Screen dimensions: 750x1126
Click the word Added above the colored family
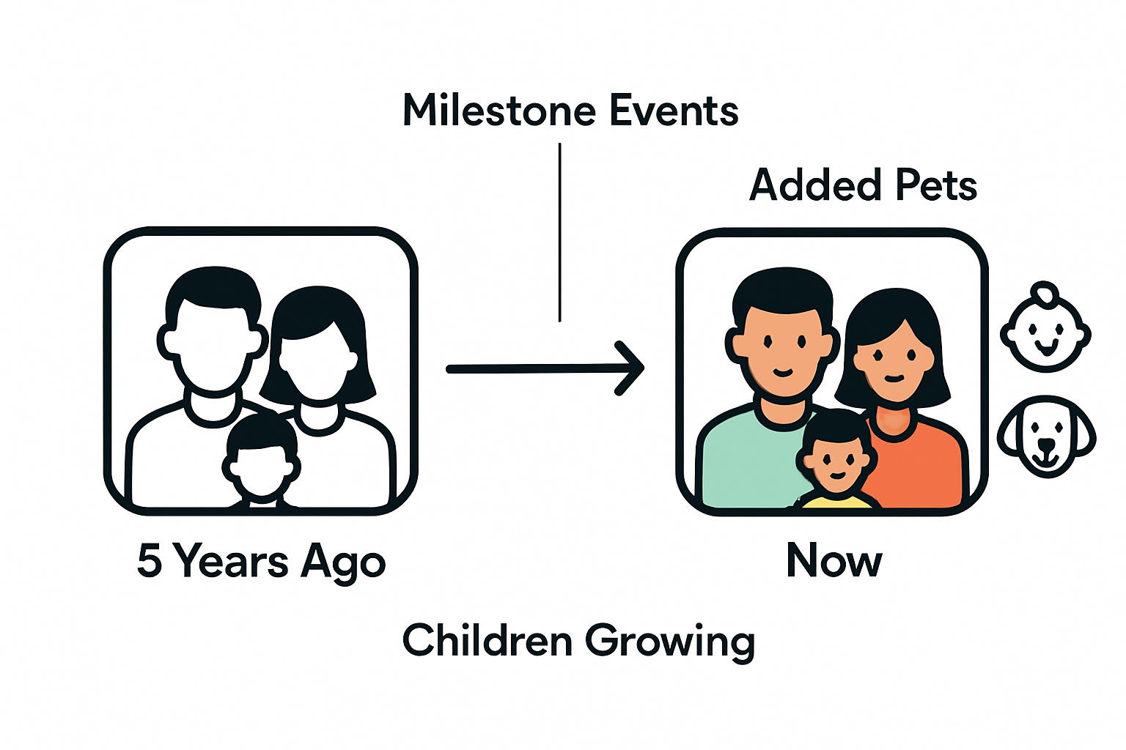814,185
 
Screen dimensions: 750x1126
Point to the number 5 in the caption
149,561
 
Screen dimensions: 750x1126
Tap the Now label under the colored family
834,561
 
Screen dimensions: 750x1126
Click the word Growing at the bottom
669,642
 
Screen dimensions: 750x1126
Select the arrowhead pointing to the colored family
632,368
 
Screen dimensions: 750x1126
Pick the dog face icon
1046,438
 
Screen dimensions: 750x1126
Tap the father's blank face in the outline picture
213,344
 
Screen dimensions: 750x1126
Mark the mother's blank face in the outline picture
317,366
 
